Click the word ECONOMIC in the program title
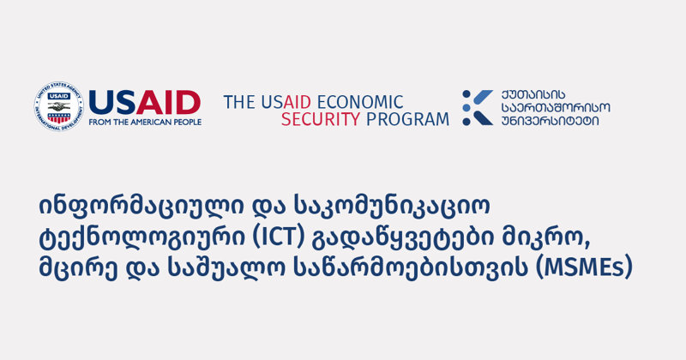coord(361,102)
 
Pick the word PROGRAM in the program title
coord(406,120)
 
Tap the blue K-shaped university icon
coord(477,107)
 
